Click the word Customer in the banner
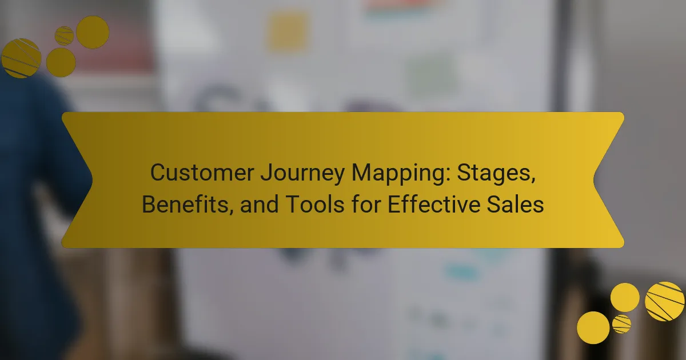(x=202, y=173)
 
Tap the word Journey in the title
(x=302, y=174)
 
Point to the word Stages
(x=496, y=174)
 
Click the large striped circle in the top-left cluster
(x=21, y=58)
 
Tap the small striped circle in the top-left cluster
(x=64, y=36)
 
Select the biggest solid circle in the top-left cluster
(x=93, y=32)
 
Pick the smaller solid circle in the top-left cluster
(x=61, y=62)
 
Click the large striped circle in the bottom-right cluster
(x=664, y=302)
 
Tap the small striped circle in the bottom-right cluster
(x=622, y=324)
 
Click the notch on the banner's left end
(x=92, y=179)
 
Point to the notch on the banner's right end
(x=594, y=179)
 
